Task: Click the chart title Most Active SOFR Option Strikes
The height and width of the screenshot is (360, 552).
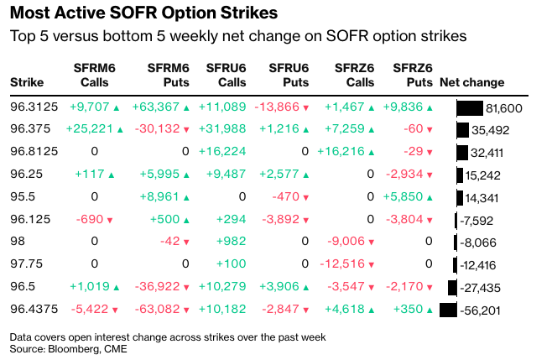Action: pos(144,14)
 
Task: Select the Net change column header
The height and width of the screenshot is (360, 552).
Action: pos(471,82)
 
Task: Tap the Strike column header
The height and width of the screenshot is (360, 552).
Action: pos(26,82)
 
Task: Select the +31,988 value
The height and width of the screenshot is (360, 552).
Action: pos(222,129)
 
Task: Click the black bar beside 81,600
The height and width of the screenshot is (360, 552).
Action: pos(470,108)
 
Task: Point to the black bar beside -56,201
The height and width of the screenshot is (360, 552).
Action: pos(448,310)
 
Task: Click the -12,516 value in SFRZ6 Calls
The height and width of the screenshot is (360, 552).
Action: pos(347,264)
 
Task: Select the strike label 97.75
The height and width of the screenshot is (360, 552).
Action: pos(26,264)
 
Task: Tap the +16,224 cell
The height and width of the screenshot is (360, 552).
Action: pos(222,152)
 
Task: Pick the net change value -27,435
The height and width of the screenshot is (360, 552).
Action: pos(481,288)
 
